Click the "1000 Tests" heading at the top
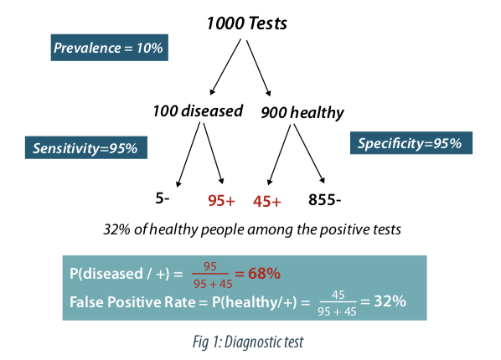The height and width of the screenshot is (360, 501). tap(246, 23)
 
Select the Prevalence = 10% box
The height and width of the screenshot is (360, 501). tap(109, 48)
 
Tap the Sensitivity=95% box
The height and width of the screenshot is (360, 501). tap(86, 147)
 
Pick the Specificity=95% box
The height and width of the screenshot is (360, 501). tap(411, 143)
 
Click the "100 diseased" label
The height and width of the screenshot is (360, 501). tap(198, 111)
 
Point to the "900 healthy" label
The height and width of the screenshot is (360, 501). tap(302, 112)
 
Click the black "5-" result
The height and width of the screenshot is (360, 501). tap(163, 198)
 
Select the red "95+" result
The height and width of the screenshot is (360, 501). tap(221, 201)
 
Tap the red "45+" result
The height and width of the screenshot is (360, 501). tap(267, 202)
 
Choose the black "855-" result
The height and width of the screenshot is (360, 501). tap(324, 200)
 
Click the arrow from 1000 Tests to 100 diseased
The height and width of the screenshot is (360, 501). tap(225, 67)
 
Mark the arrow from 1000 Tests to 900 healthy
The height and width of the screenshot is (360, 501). tap(259, 68)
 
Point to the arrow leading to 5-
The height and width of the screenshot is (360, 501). tap(189, 155)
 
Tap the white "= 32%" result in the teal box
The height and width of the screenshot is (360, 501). tap(384, 301)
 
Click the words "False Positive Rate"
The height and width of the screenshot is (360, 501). tap(132, 302)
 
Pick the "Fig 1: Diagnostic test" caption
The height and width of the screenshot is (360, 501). tap(248, 342)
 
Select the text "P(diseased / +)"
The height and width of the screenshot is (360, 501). tap(120, 274)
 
